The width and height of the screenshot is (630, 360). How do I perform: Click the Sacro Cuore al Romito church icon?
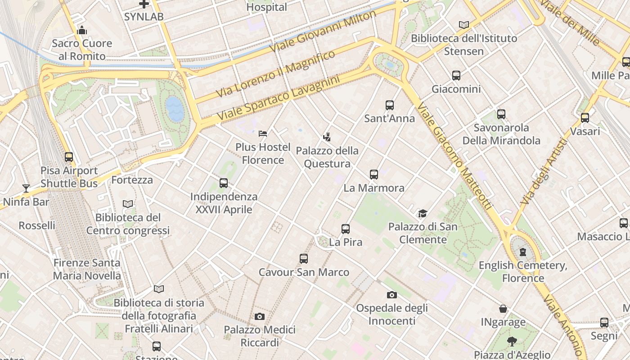(82, 31)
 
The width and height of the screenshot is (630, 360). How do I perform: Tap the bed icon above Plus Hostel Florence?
(263, 134)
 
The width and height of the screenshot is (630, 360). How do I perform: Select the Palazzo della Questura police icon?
(327, 137)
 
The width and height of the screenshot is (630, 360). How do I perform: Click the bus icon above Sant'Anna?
(390, 105)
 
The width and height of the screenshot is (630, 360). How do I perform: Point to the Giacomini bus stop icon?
(456, 76)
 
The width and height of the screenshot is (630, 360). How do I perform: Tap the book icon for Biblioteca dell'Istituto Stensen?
(464, 25)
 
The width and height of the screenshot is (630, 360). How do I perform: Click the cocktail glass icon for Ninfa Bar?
(26, 189)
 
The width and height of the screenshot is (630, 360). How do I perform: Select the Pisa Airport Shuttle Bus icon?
(69, 157)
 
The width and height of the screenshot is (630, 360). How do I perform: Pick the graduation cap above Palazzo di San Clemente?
(423, 213)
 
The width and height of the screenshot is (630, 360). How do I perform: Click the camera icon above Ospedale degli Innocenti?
(392, 295)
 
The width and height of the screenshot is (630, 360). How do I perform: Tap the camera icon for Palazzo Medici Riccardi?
(260, 317)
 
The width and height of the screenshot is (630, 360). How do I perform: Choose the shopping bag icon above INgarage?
(503, 309)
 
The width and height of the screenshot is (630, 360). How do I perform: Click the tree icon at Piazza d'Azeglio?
(512, 341)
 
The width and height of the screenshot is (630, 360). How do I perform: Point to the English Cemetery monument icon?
(523, 252)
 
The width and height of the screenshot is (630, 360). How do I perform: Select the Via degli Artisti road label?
(544, 171)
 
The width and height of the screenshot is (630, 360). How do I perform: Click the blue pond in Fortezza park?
(175, 109)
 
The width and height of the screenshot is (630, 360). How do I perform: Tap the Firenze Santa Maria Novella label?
(87, 269)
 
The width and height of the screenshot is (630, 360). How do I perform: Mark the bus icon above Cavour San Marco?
(304, 259)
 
